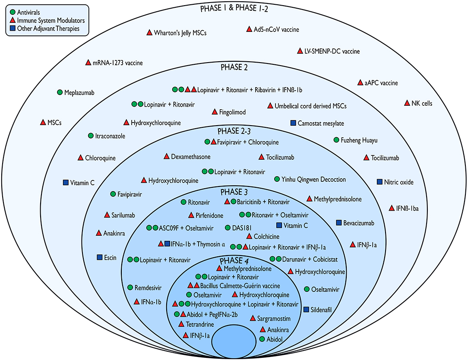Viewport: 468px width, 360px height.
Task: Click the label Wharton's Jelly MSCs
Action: click(x=180, y=33)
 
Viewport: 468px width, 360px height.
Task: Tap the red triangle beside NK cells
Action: click(x=407, y=103)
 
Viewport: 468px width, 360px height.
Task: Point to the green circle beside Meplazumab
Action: click(x=60, y=92)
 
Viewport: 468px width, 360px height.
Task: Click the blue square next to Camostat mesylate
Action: click(x=293, y=123)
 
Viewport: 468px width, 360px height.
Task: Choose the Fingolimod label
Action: click(x=233, y=112)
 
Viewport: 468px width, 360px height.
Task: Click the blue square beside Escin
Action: click(x=99, y=258)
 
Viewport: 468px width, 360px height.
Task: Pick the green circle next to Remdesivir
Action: click(x=130, y=287)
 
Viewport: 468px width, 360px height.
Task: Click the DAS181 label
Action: click(x=241, y=227)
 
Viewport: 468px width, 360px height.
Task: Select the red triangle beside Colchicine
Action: click(x=249, y=236)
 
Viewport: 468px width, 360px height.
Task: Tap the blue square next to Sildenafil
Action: click(x=306, y=309)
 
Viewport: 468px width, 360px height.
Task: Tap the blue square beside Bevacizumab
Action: click(x=339, y=223)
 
